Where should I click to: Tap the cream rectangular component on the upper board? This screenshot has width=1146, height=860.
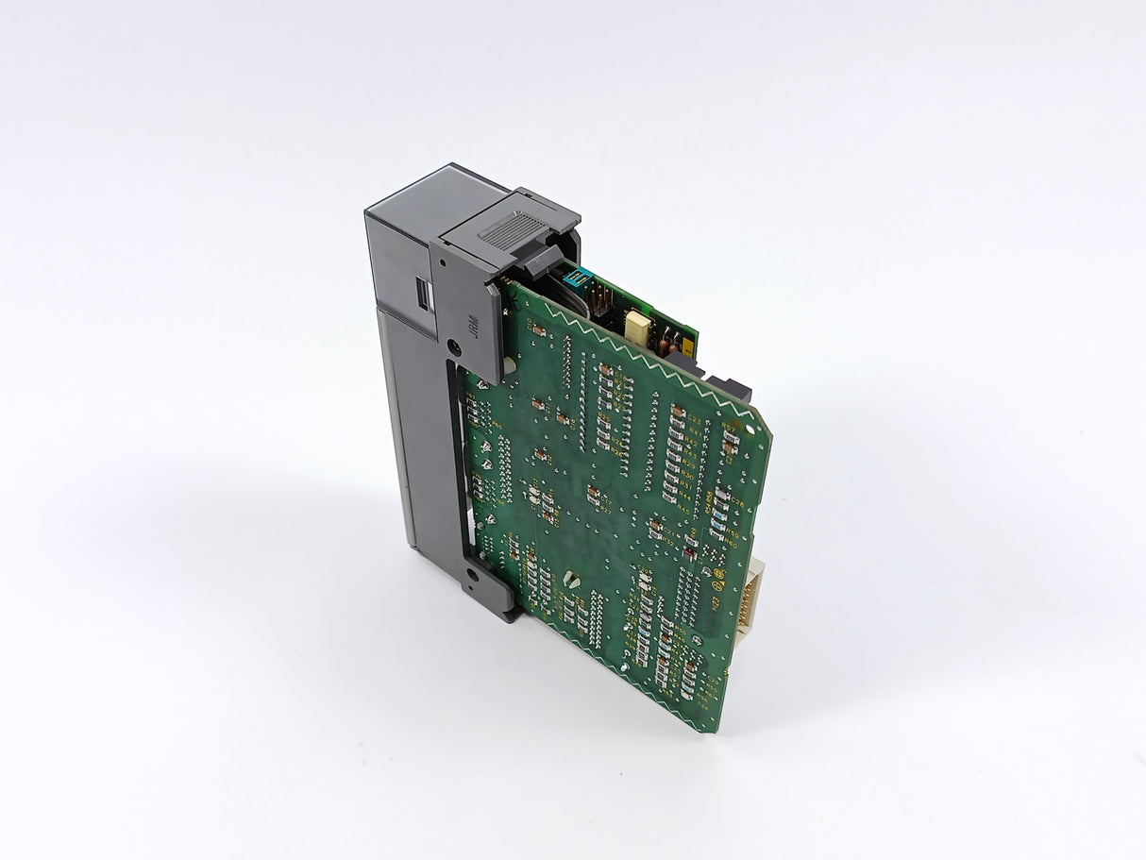pos(639,325)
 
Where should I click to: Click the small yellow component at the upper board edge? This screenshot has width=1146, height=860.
pos(686,348)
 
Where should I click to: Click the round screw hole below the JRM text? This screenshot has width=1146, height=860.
pos(458,346)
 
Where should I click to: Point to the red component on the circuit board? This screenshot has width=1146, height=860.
pos(689,550)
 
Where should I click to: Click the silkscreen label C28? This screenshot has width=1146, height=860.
pos(736,505)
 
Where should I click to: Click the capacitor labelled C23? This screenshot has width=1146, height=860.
pos(678,411)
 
